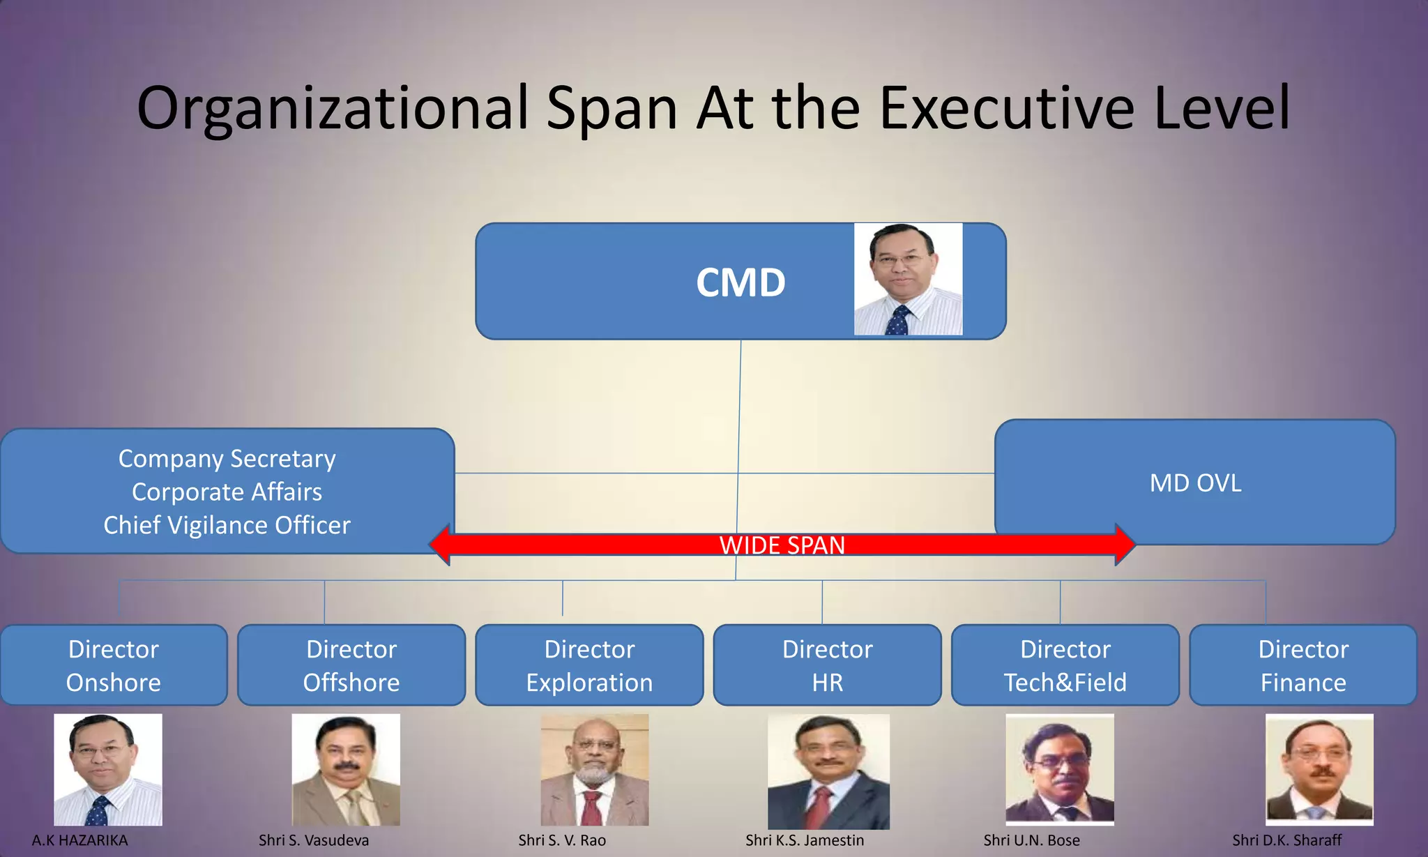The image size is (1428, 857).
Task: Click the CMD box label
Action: click(x=740, y=282)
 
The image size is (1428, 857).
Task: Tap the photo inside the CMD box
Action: click(x=908, y=279)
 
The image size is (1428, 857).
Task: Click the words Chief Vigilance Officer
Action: click(x=227, y=525)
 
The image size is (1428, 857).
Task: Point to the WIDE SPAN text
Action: click(x=782, y=545)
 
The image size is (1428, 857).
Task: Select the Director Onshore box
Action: click(x=114, y=665)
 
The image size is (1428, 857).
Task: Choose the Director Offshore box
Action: click(x=351, y=665)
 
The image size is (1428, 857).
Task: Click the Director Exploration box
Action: click(x=589, y=665)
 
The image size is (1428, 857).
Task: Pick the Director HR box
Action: click(x=827, y=665)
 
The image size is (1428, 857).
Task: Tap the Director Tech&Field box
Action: click(x=1065, y=665)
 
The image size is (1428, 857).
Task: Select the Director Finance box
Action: click(x=1302, y=665)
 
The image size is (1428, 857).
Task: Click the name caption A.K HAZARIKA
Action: click(x=79, y=840)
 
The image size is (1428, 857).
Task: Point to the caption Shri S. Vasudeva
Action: click(x=313, y=840)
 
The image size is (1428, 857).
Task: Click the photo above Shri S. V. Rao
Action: click(x=594, y=769)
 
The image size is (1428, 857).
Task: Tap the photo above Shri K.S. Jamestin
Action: click(x=828, y=771)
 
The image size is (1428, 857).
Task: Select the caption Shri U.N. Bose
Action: click(x=1031, y=840)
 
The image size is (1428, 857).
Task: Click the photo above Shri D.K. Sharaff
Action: click(x=1319, y=769)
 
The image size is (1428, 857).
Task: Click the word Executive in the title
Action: click(x=1007, y=108)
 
